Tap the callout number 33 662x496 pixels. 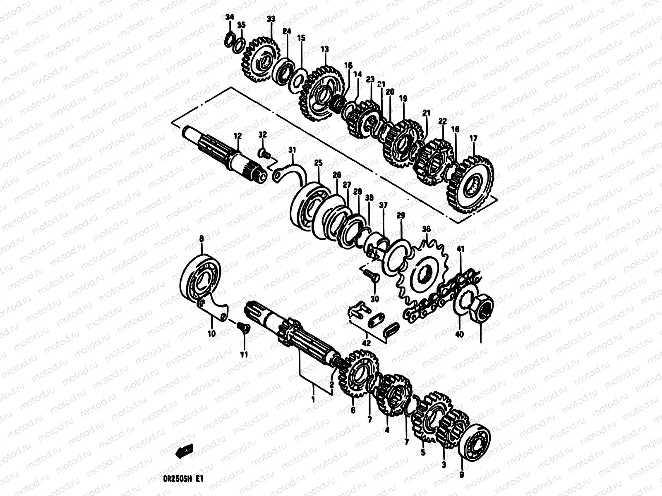pyautogui.click(x=271, y=19)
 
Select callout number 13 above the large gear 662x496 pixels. pyautogui.click(x=324, y=49)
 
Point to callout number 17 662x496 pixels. pyautogui.click(x=473, y=139)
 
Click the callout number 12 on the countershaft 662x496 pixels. pyautogui.click(x=237, y=136)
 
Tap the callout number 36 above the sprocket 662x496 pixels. pyautogui.click(x=426, y=229)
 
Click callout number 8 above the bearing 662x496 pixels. pyautogui.click(x=202, y=238)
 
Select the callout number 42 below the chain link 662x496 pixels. pyautogui.click(x=367, y=343)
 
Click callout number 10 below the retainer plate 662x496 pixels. pyautogui.click(x=211, y=334)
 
